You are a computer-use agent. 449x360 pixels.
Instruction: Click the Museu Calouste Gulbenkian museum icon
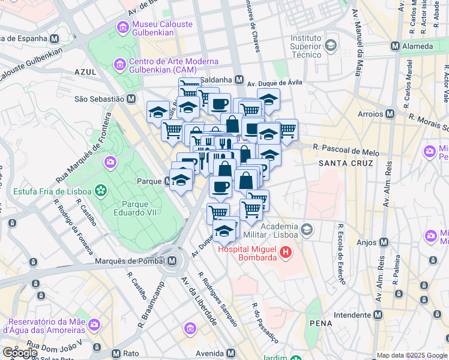(x=122, y=26)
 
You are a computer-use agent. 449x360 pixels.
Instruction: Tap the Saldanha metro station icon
(x=239, y=79)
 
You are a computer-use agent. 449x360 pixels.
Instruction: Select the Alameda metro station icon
(x=396, y=46)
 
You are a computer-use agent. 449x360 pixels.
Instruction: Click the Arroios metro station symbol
(x=390, y=113)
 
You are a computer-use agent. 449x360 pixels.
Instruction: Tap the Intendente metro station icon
(x=378, y=314)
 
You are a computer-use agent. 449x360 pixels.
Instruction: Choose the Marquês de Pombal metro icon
(x=173, y=261)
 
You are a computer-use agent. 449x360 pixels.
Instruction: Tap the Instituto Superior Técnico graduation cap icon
(x=330, y=46)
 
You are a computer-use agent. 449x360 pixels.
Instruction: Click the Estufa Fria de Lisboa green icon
(x=101, y=191)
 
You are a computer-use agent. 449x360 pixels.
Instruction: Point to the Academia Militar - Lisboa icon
(x=307, y=229)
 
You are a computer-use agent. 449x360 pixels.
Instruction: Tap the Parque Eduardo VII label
(x=135, y=207)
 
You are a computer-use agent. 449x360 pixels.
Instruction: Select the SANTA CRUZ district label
(x=345, y=163)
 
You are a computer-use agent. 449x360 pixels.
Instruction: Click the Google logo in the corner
(x=20, y=353)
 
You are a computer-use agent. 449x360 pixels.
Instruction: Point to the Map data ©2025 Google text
(x=412, y=355)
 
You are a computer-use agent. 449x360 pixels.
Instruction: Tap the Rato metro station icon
(x=116, y=353)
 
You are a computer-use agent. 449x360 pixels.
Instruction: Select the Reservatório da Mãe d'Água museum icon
(x=94, y=325)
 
